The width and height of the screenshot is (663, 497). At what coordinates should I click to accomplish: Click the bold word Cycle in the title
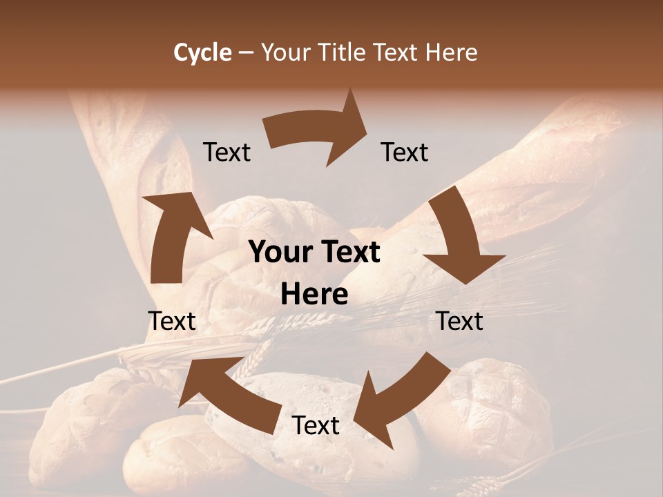[x=202, y=52]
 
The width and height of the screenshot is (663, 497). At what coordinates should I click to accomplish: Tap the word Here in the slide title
[x=452, y=52]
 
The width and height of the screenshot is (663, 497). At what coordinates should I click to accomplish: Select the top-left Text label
[x=227, y=152]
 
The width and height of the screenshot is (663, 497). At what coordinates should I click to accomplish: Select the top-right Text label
[x=405, y=152]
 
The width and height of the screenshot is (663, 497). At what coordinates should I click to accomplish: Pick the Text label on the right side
[x=459, y=321]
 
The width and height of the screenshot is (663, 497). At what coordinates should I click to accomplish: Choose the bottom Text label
[x=316, y=425]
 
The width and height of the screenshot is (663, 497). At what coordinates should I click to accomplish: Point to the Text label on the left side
[x=172, y=321]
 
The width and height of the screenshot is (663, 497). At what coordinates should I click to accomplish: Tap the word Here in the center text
[x=314, y=295]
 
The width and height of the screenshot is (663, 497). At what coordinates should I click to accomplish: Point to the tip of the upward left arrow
[x=146, y=196]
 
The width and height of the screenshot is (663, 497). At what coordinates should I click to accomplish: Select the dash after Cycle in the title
[x=246, y=52]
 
